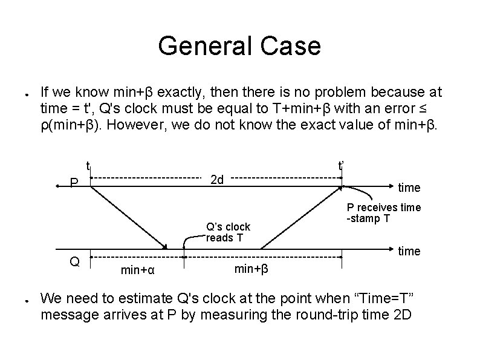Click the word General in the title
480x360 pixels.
[x=199, y=46]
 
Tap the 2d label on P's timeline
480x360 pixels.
[x=216, y=180]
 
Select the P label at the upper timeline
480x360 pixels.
[x=74, y=183]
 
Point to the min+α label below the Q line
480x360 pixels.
[x=138, y=270]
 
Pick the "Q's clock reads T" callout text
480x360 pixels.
[x=228, y=232]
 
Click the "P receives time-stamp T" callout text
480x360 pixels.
[x=383, y=213]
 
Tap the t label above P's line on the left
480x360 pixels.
[x=88, y=165]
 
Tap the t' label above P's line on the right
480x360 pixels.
[x=342, y=165]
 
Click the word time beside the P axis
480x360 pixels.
[x=409, y=188]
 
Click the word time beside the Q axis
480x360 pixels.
[x=409, y=251]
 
